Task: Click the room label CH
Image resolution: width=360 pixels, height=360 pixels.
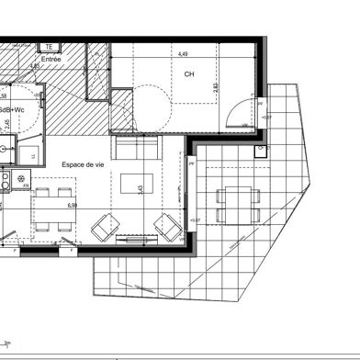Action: [189, 73]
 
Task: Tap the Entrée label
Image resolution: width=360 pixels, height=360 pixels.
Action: [52, 57]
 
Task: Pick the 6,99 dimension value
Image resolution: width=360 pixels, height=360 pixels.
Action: [72, 207]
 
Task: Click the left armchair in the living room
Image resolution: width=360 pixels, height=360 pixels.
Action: [108, 226]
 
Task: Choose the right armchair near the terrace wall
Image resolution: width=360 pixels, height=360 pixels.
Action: [168, 225]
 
